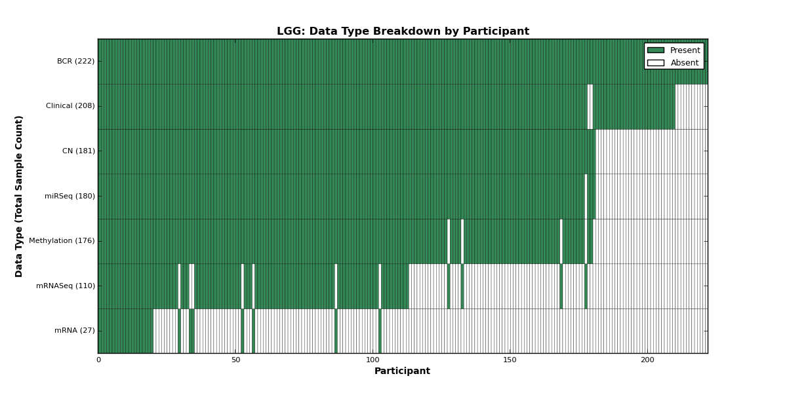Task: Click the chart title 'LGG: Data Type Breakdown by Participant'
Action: point(403,31)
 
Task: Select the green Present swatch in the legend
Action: point(656,50)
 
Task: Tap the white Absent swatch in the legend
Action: point(656,63)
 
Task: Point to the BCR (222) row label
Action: point(75,62)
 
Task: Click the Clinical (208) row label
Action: point(70,106)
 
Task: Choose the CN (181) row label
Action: point(78,151)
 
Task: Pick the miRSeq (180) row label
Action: point(70,196)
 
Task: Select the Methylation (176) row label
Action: point(62,241)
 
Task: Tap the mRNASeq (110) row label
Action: point(66,286)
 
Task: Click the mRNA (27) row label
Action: point(75,331)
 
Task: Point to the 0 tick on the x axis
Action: point(99,360)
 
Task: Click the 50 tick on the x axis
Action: point(235,360)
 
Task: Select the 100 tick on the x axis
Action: point(373,360)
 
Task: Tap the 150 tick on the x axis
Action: point(510,360)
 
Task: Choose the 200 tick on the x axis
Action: point(647,360)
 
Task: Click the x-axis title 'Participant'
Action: point(402,371)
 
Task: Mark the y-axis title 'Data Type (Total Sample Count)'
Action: point(18,196)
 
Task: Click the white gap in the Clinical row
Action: point(590,107)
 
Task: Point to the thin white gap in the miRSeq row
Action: point(586,196)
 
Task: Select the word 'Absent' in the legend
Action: point(685,63)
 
